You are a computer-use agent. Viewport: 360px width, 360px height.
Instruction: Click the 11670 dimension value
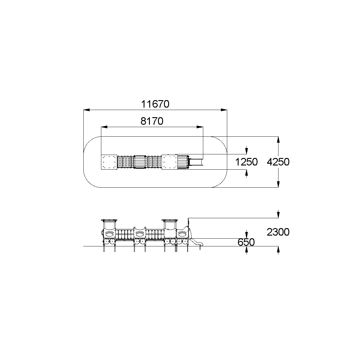155,104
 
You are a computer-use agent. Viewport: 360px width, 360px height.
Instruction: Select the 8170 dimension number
152,121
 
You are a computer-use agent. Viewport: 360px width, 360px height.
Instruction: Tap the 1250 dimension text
246,162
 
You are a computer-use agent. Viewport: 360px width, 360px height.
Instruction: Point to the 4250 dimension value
278,162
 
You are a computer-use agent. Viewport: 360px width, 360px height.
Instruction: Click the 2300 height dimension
278,232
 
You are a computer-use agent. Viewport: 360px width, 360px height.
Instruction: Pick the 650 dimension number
246,242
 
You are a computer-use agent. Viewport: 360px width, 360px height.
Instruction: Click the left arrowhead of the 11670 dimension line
87,110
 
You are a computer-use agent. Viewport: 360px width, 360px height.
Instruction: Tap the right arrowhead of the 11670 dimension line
224,110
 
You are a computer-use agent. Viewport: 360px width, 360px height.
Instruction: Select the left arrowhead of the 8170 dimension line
104,127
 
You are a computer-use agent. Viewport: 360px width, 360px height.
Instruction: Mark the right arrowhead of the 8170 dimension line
200,127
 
